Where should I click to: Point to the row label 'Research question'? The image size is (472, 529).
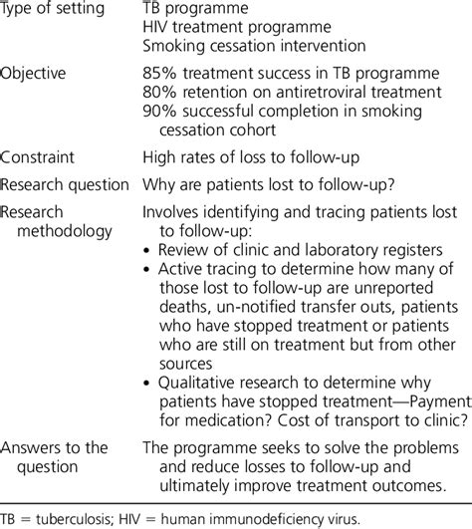(x=65, y=184)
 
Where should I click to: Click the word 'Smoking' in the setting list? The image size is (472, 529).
(x=173, y=46)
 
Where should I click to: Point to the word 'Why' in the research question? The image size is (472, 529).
(x=160, y=184)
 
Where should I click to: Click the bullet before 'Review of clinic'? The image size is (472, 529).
(x=148, y=250)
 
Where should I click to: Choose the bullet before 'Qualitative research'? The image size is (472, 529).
(x=148, y=383)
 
